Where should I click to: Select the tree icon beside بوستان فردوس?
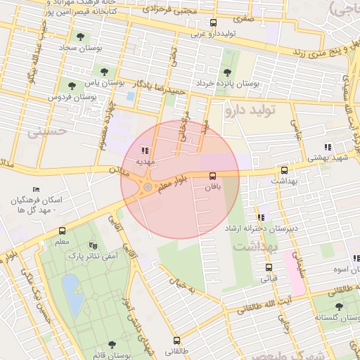[x=72, y=86]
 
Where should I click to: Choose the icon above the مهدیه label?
[x=145, y=150]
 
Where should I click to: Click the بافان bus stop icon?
[x=212, y=176]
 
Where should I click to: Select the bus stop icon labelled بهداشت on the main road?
[x=284, y=170]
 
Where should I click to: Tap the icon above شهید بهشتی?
[x=328, y=147]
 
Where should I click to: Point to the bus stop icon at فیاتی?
[x=268, y=267]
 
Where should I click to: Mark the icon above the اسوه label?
[x=356, y=259]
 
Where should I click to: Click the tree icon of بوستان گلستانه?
[x=340, y=307]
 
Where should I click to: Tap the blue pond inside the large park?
[x=70, y=289]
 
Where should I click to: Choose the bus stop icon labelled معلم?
[x=62, y=231]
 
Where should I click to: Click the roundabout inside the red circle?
[x=147, y=187]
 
